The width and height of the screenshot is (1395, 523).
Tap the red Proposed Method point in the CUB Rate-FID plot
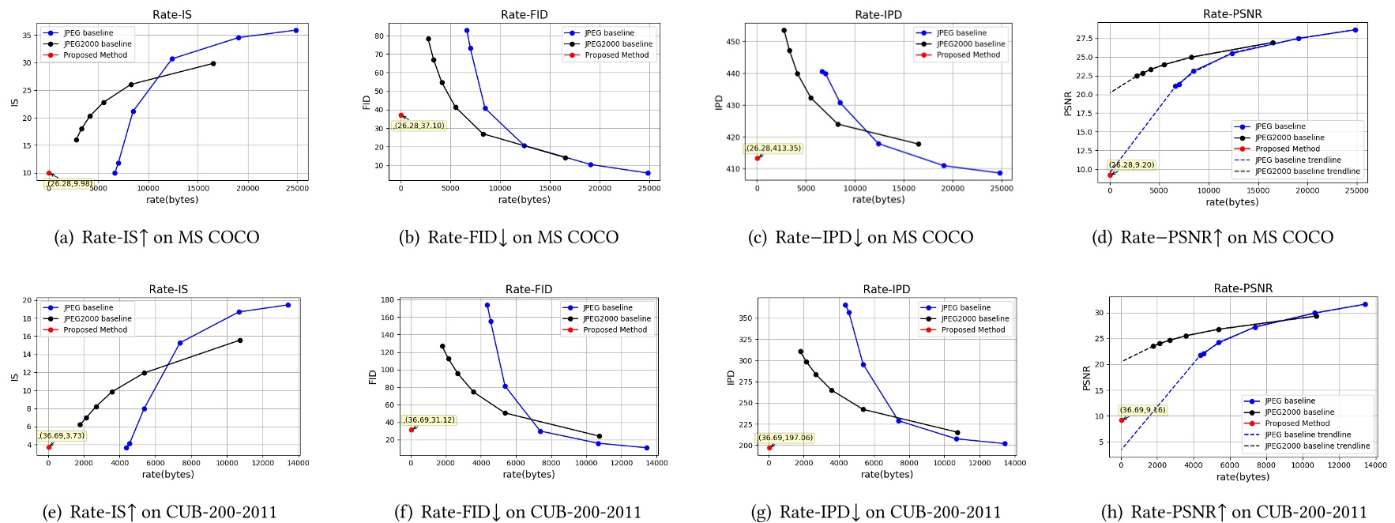412,430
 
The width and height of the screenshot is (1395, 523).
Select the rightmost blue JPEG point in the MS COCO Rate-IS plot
296,30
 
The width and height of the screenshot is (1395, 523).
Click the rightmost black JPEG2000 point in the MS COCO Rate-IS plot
213,63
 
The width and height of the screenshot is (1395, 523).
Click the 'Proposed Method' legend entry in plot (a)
95,55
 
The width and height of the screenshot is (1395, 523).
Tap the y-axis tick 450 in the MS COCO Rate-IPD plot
732,42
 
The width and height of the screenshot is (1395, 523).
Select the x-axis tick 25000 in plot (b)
649,188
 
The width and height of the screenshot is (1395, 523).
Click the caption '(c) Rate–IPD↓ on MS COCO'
860,237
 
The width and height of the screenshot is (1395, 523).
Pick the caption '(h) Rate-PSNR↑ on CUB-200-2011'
1233,512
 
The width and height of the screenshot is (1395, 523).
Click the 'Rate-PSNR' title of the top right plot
1231,14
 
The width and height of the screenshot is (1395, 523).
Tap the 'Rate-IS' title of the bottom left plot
168,289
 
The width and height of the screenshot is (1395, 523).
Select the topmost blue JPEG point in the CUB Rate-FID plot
487,305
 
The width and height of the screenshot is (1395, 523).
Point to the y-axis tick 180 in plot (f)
387,300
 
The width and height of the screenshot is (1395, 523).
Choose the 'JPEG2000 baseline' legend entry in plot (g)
974,318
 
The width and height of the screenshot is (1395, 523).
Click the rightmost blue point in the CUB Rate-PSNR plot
1365,304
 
